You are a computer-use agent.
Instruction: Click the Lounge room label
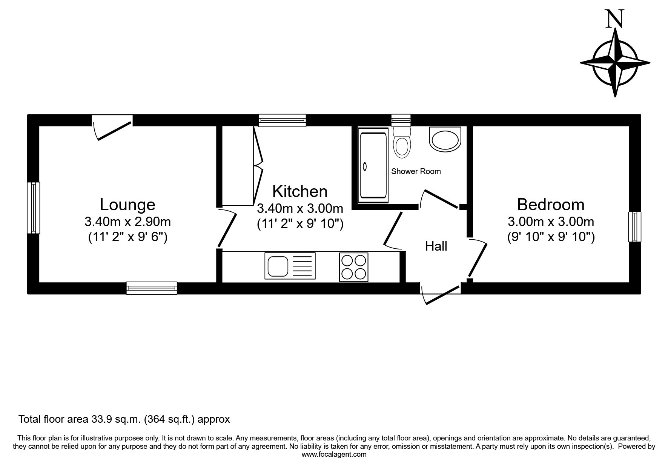(x=127, y=205)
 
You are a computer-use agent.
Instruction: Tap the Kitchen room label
(x=300, y=191)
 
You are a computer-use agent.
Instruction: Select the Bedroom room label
(x=551, y=205)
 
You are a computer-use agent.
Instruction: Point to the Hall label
(x=436, y=246)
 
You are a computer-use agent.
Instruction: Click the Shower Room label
(x=416, y=171)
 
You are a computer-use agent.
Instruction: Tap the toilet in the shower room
(x=402, y=142)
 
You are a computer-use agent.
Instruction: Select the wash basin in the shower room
(x=445, y=139)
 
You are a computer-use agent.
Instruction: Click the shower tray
(x=373, y=165)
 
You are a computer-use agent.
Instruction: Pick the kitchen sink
(x=290, y=266)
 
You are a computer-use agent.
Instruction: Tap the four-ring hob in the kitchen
(x=354, y=267)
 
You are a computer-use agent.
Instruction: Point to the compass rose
(x=615, y=63)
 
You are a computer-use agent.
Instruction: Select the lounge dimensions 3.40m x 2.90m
(x=127, y=222)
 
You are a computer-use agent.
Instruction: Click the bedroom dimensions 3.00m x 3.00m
(x=551, y=222)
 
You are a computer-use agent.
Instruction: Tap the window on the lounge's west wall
(x=33, y=208)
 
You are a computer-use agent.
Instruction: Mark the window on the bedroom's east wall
(x=634, y=226)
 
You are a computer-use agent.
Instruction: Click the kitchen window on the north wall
(x=282, y=120)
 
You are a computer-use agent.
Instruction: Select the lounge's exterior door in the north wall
(x=112, y=127)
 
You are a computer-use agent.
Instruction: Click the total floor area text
(x=124, y=419)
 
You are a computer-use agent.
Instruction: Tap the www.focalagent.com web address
(x=334, y=454)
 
